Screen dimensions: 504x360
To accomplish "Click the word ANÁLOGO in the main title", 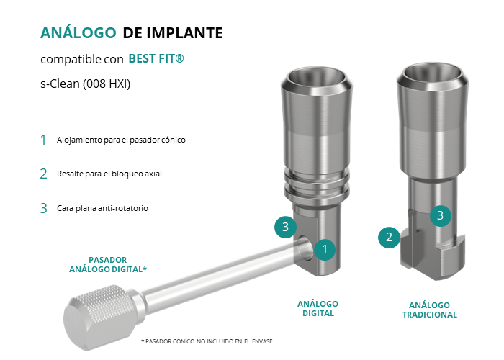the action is point(78,32).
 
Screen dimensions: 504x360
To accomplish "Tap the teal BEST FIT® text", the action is point(156,58).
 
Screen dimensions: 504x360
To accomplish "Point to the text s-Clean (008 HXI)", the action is point(86,84).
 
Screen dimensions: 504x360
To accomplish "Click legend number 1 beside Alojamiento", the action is point(43,140).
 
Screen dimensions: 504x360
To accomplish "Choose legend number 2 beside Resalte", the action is point(44,174).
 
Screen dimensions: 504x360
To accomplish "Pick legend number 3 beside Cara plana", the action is point(44,208).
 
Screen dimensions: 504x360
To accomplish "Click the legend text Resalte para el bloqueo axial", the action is point(109,174).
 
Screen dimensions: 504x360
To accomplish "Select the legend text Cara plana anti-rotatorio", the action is point(102,208).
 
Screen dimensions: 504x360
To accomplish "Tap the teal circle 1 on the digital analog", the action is point(325,249).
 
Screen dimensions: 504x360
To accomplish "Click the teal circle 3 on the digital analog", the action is point(285,227).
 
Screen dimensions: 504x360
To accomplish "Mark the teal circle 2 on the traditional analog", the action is point(389,237).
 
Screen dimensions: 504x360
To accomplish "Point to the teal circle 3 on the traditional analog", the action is point(441,215).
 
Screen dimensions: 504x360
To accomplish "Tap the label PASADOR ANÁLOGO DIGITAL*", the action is point(108,264).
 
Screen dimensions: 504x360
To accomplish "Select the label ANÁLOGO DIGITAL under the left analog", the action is point(318,309).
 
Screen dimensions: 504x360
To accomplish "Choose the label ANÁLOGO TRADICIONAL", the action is point(430,310).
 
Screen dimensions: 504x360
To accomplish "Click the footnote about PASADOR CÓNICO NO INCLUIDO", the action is point(207,341).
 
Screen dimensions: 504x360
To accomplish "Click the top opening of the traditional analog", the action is point(432,73).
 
